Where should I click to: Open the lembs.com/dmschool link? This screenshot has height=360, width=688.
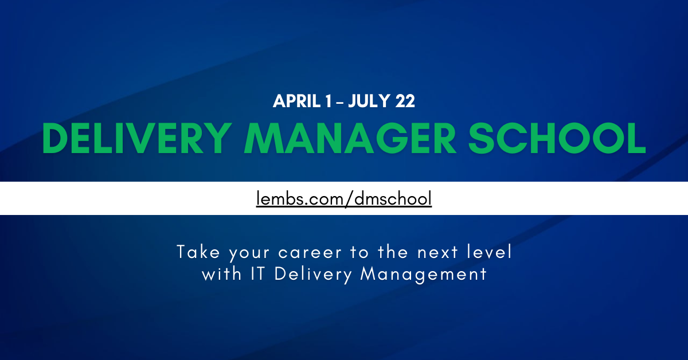click(x=343, y=198)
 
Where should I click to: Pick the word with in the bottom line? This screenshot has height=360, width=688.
click(x=221, y=274)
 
